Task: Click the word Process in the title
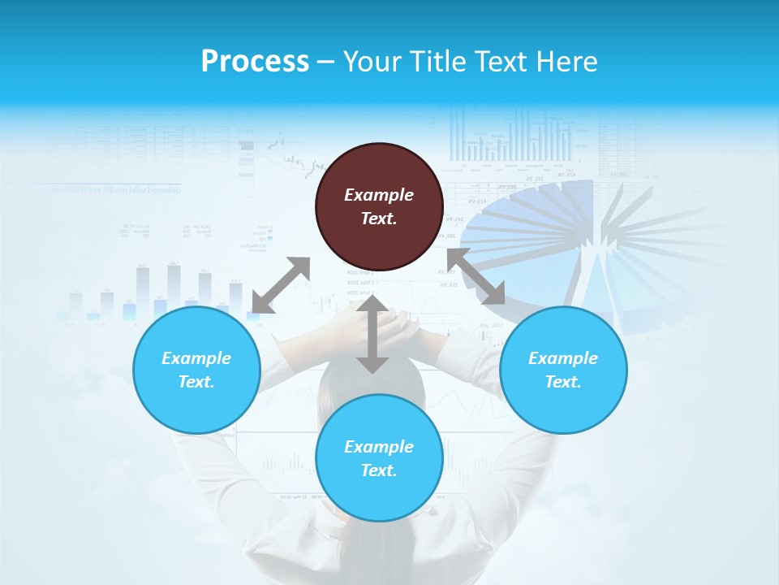[x=255, y=62]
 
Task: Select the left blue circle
[x=196, y=370]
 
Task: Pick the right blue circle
[x=563, y=370]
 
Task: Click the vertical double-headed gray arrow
[x=372, y=334]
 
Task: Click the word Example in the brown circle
[x=379, y=195]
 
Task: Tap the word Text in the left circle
[x=196, y=382]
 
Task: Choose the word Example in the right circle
[x=563, y=358]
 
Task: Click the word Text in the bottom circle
[x=379, y=470]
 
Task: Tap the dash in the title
[x=325, y=62]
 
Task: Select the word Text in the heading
[x=502, y=62]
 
